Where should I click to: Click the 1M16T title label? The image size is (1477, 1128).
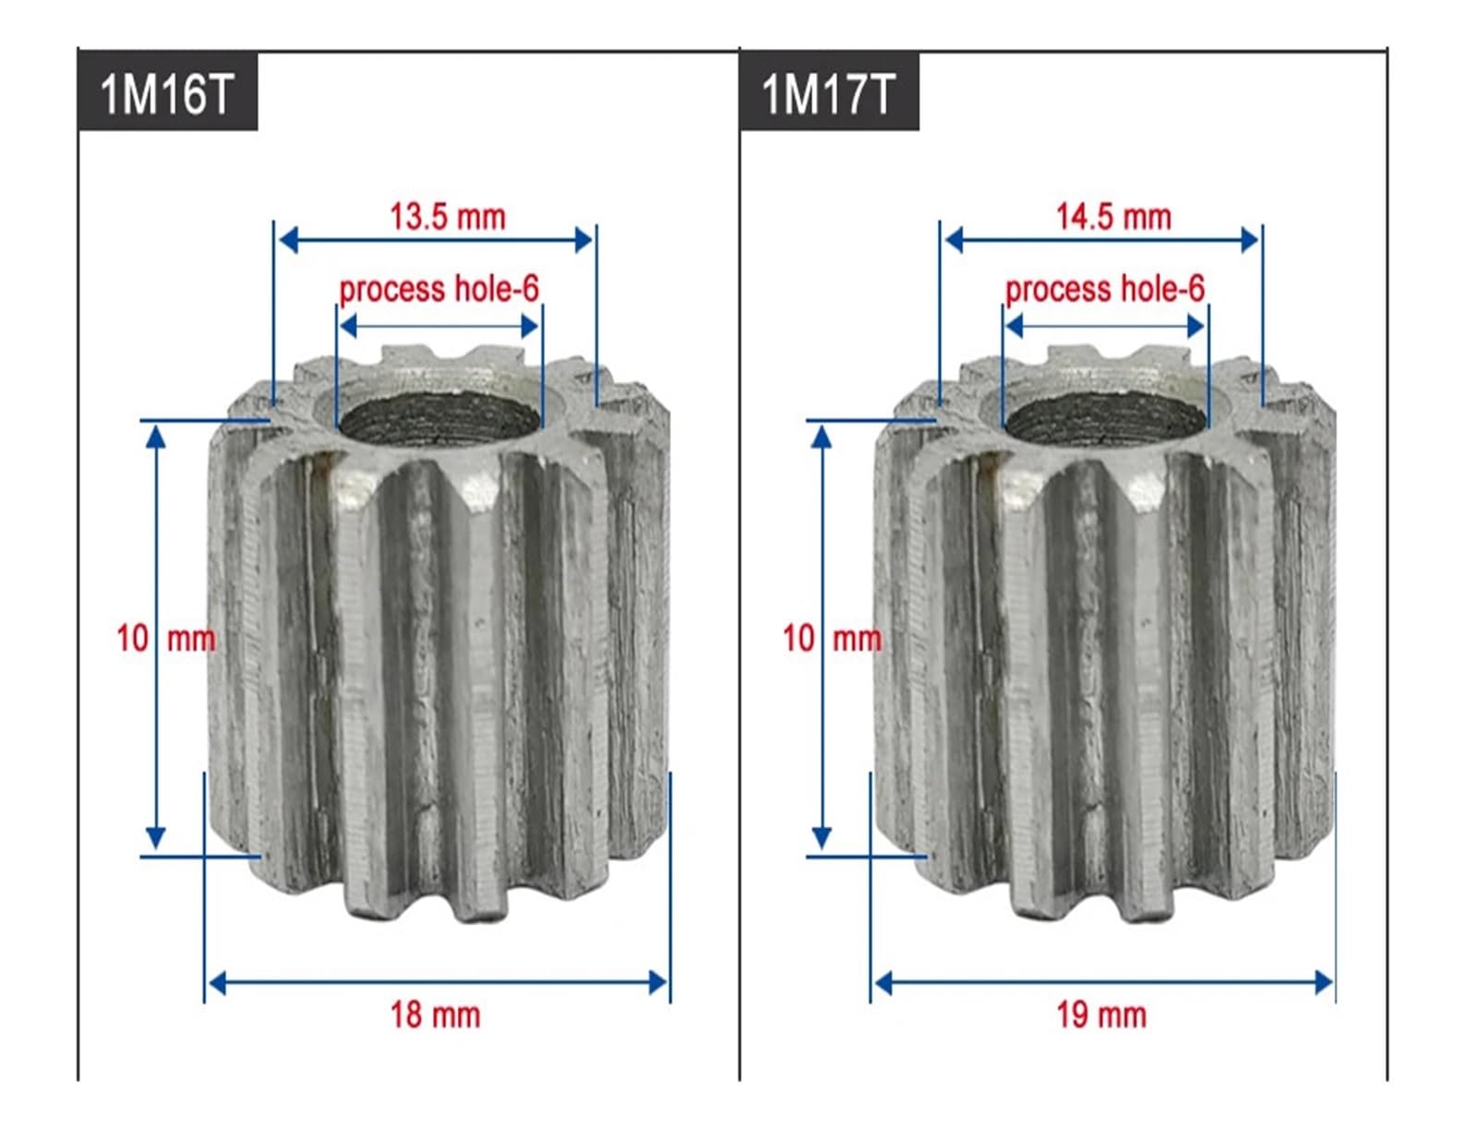click(166, 93)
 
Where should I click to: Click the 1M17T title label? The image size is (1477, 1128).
click(828, 93)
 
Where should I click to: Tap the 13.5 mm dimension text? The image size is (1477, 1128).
click(448, 217)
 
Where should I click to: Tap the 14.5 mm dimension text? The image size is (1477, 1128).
click(1113, 217)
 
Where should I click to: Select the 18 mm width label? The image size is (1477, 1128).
click(435, 1014)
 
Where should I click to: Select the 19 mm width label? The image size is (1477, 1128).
click(1101, 1014)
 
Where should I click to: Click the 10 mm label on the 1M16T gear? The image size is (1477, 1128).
click(166, 638)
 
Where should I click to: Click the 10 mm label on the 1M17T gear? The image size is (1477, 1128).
click(832, 638)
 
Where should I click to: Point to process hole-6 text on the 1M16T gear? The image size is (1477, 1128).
click(438, 289)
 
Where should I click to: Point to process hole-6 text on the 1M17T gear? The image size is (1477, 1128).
click(1104, 289)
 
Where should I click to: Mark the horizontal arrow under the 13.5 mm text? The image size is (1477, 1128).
click(435, 241)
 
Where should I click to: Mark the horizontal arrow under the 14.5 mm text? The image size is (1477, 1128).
click(1101, 241)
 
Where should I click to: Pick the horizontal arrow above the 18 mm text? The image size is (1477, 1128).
click(437, 983)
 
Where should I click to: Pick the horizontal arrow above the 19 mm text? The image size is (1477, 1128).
click(1103, 983)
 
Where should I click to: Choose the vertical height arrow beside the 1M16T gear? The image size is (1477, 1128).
click(156, 637)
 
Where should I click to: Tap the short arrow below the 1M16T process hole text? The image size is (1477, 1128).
click(438, 326)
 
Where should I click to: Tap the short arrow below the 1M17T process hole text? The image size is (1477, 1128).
click(1105, 326)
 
